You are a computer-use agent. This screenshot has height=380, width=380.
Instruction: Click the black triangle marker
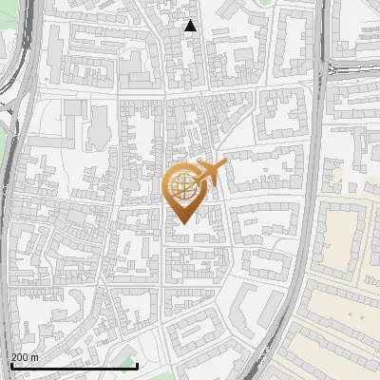click(x=191, y=26)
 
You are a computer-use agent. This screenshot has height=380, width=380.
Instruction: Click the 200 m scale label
click(x=26, y=356)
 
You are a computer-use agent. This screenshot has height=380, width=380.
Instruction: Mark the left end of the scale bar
click(x=10, y=366)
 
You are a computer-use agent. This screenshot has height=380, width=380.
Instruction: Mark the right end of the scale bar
click(x=138, y=366)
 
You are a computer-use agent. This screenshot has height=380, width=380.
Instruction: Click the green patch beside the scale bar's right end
click(x=129, y=362)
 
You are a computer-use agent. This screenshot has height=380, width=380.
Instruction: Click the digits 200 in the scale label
click(x=20, y=356)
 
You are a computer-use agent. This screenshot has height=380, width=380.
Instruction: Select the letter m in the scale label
click(x=35, y=356)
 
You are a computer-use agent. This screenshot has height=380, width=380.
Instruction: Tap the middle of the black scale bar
click(x=74, y=366)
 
